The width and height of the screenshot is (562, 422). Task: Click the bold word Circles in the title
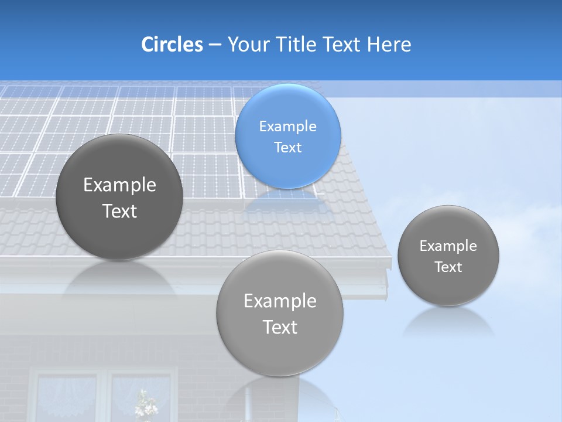[x=172, y=45]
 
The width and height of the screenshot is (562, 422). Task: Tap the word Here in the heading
[x=389, y=45]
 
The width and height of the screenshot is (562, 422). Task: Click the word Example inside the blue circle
[x=287, y=127]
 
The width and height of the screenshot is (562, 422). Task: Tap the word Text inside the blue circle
[x=287, y=148]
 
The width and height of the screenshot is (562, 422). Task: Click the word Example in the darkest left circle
[x=119, y=185]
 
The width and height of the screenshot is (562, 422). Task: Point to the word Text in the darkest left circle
[x=119, y=211]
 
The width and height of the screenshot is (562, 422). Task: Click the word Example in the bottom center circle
[x=280, y=301]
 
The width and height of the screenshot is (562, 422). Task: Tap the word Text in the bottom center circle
[x=280, y=327]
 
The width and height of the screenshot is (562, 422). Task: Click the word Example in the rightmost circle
[x=448, y=246]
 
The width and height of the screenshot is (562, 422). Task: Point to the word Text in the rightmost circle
[x=448, y=267]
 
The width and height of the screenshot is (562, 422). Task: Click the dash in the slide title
[x=214, y=45]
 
